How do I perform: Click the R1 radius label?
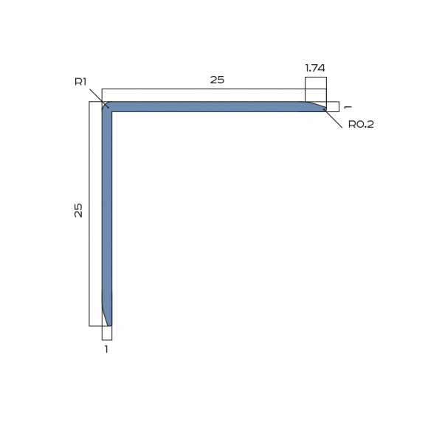click(x=81, y=81)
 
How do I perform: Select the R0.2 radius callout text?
click(x=362, y=124)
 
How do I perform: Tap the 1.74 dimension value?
click(x=316, y=67)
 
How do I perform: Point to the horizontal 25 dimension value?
click(x=217, y=80)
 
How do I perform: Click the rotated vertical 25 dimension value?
click(x=78, y=210)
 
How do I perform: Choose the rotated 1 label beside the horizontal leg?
click(x=347, y=107)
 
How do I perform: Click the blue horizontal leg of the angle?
click(x=214, y=106)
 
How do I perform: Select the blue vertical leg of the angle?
click(x=107, y=214)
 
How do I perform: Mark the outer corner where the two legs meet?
click(x=103, y=103)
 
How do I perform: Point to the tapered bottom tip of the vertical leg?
click(x=108, y=322)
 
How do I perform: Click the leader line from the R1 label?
click(x=97, y=97)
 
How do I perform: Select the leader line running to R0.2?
click(x=336, y=116)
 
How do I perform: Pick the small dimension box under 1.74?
click(x=315, y=89)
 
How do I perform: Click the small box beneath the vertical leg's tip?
click(x=107, y=332)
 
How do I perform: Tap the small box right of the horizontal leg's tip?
click(x=332, y=106)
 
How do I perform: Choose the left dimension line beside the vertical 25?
click(x=89, y=214)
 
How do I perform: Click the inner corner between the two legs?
click(x=112, y=111)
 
